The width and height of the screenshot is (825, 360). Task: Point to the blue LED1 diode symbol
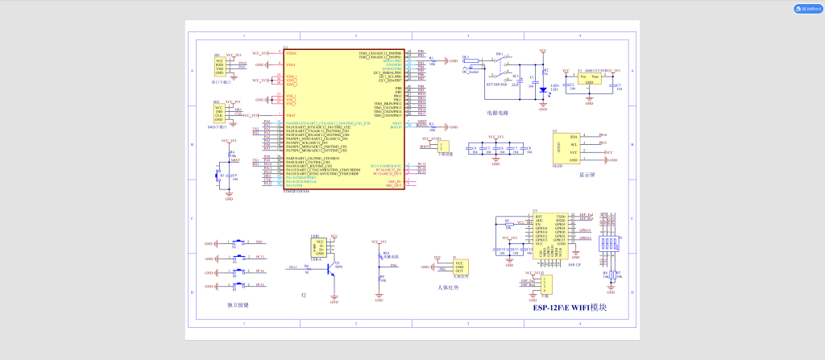(543, 89)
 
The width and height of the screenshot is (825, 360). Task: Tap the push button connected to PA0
(238, 242)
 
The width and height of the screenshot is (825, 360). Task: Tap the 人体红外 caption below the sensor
(448, 287)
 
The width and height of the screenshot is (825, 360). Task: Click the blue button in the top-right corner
(808, 9)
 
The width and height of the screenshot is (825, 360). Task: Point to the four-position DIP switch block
(611, 244)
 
